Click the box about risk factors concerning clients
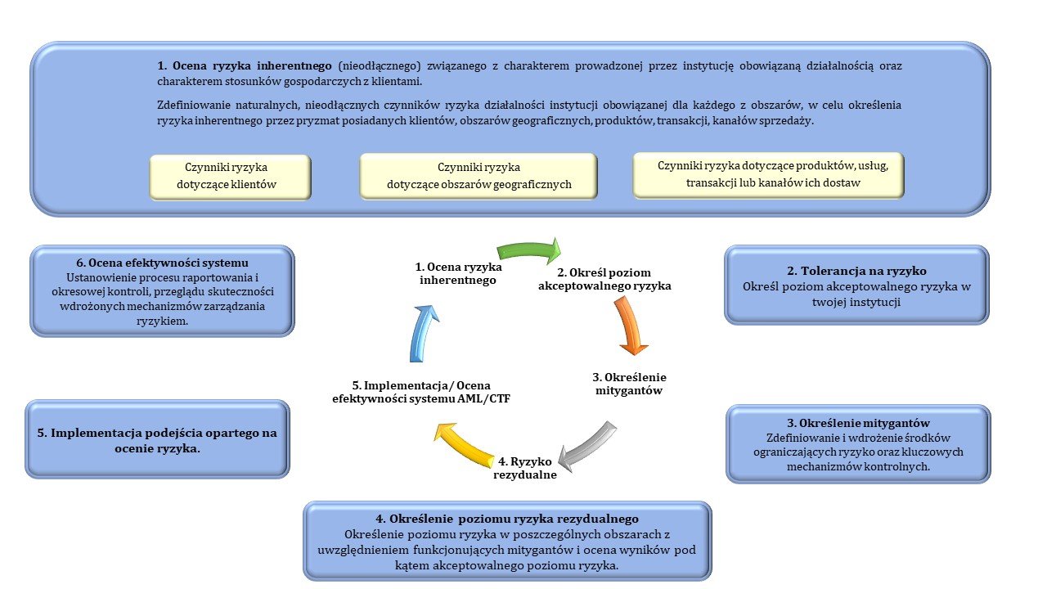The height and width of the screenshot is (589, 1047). (230, 176)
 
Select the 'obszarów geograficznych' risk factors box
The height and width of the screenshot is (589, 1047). (479, 176)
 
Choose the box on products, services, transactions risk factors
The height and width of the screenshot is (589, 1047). (768, 174)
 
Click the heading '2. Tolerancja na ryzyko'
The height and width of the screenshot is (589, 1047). (856, 270)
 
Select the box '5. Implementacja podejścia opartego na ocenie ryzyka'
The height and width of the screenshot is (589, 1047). (157, 439)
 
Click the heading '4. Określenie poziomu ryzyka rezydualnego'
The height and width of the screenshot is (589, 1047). (507, 519)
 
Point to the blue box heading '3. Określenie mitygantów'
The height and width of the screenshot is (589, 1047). (859, 423)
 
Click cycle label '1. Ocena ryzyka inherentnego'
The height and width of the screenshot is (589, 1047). (458, 273)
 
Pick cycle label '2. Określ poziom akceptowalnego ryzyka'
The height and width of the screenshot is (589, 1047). (604, 279)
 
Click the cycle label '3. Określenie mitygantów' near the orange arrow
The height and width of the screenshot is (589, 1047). (629, 384)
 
